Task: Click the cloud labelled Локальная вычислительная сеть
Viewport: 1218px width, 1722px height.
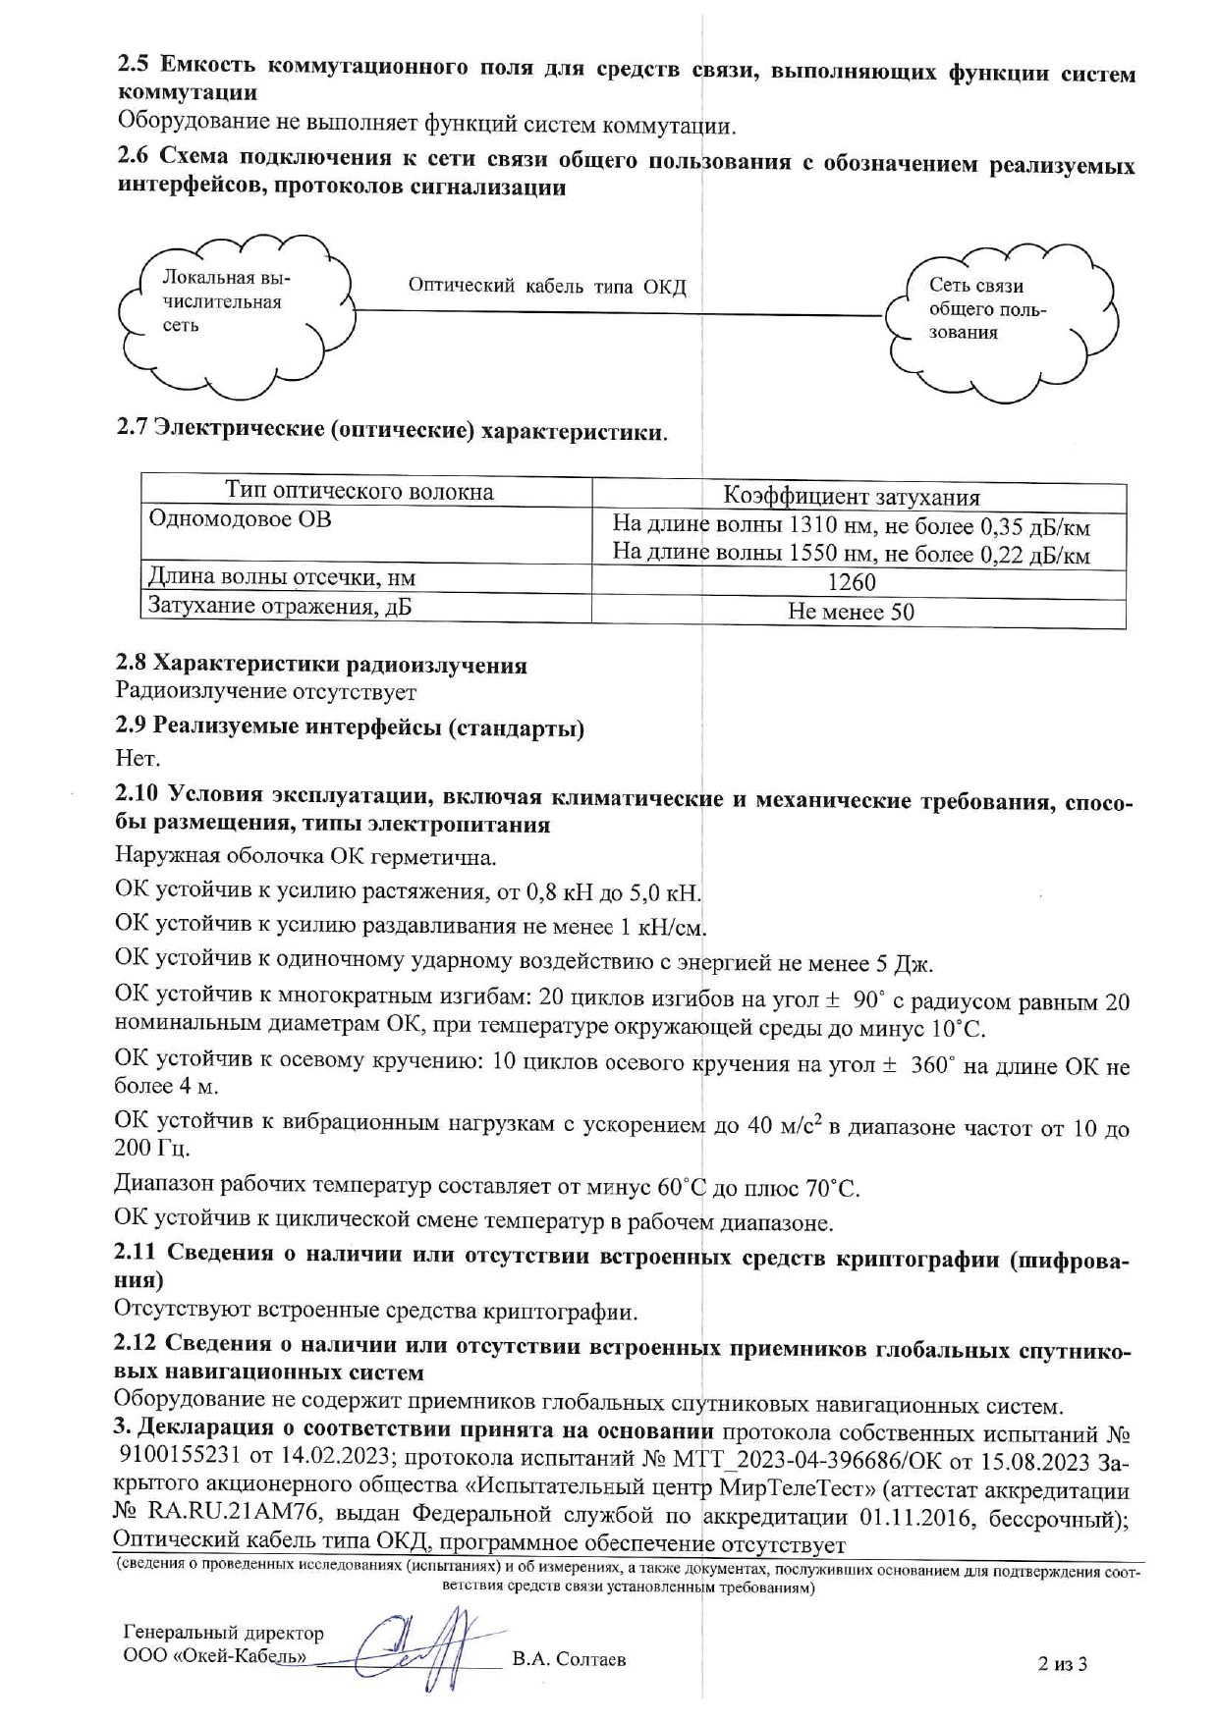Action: pyautogui.click(x=233, y=301)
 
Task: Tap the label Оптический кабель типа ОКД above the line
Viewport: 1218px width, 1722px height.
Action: pyautogui.click(x=547, y=286)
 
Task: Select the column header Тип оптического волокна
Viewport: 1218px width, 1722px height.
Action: pyautogui.click(x=360, y=491)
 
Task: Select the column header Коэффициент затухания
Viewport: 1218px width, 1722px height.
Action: pyautogui.click(x=852, y=496)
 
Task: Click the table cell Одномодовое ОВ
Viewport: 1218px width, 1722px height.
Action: pyautogui.click(x=240, y=518)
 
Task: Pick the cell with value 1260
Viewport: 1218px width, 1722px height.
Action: pyautogui.click(x=852, y=582)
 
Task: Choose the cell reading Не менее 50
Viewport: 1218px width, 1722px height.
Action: pyautogui.click(x=852, y=612)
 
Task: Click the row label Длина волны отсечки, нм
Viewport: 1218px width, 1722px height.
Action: pyautogui.click(x=281, y=577)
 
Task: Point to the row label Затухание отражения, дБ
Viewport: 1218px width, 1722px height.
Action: pyautogui.click(x=279, y=606)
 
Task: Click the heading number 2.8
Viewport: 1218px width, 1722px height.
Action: pyautogui.click(x=132, y=665)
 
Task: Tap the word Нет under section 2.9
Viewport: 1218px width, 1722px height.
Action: pyautogui.click(x=137, y=758)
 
